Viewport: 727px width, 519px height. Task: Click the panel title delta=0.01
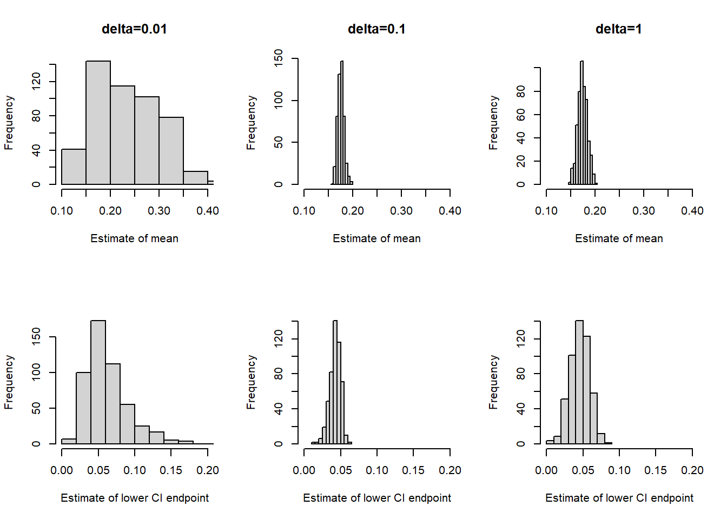[x=134, y=29]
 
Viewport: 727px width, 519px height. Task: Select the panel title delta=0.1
[x=376, y=29]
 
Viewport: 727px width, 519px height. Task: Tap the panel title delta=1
[x=618, y=29]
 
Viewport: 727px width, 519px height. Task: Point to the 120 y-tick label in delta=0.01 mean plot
[x=36, y=82]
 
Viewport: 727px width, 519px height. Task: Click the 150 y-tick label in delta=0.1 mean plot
[x=279, y=58]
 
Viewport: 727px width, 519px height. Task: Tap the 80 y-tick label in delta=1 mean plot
[x=521, y=91]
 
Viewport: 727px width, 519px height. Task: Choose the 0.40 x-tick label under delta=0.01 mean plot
[x=208, y=211]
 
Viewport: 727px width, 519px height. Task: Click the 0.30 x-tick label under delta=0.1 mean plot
[x=401, y=211]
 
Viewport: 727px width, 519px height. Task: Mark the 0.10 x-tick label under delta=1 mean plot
[x=546, y=211]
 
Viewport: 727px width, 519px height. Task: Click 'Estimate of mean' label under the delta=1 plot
[x=619, y=238]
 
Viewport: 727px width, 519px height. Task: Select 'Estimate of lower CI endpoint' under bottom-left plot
[x=135, y=498]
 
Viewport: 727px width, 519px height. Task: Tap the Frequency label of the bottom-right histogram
[x=493, y=382]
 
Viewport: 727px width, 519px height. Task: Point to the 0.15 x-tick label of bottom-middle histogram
[x=413, y=470]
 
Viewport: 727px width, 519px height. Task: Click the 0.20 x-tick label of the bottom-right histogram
[x=692, y=470]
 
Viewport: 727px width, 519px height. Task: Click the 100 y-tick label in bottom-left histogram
[x=36, y=372]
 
